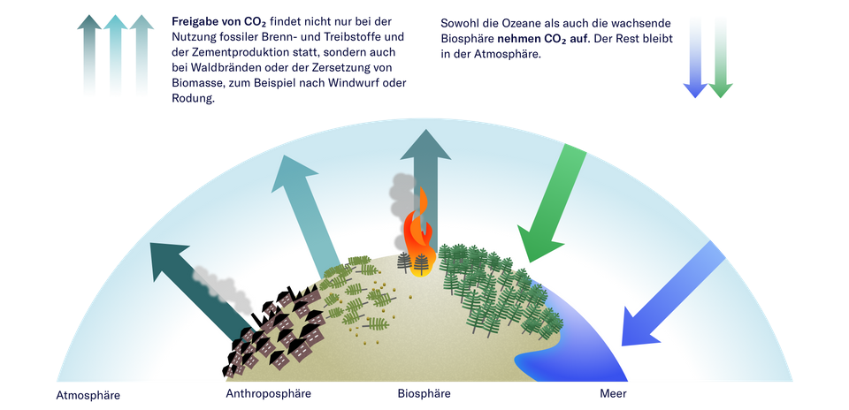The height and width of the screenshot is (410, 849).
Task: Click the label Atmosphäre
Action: (88, 394)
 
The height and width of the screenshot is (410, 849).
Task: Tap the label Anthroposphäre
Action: (268, 391)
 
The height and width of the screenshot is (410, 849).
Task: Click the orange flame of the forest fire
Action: (418, 232)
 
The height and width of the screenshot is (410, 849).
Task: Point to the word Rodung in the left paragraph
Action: (194, 100)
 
